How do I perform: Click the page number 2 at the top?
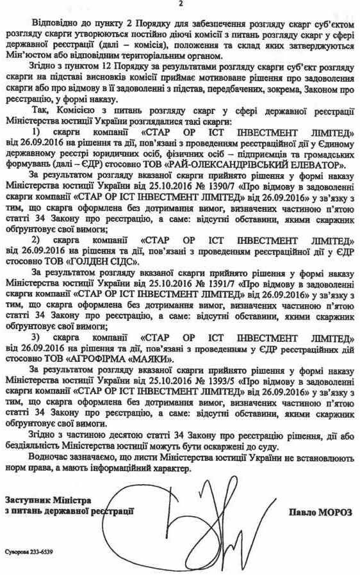(x=181, y=6)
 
